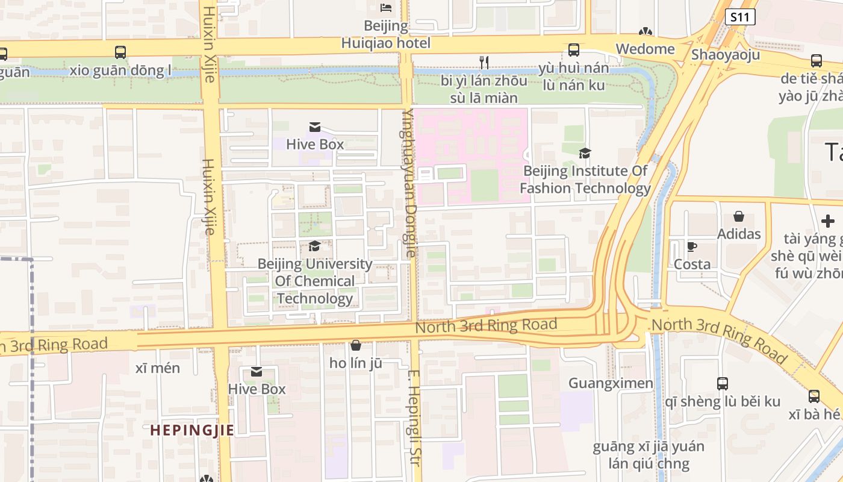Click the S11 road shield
click(x=739, y=17)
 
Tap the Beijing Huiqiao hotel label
click(x=386, y=34)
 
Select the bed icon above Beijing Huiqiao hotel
click(x=386, y=8)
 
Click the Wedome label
click(x=645, y=49)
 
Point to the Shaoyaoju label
click(x=725, y=54)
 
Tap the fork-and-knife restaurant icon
click(x=484, y=61)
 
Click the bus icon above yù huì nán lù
click(x=574, y=50)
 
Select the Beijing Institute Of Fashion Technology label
click(x=585, y=180)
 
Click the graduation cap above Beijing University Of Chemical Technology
click(x=314, y=246)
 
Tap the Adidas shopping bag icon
click(x=739, y=217)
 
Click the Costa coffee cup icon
click(x=692, y=246)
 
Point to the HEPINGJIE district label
click(x=191, y=430)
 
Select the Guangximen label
click(x=611, y=383)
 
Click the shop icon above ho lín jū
click(x=356, y=345)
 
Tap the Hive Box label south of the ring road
click(x=257, y=389)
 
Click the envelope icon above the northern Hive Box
click(x=314, y=127)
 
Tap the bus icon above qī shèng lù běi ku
click(x=722, y=383)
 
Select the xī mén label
click(x=158, y=368)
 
